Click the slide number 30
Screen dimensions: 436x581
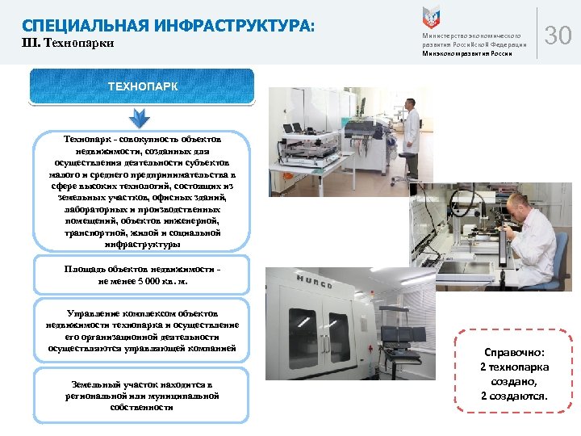click(x=558, y=36)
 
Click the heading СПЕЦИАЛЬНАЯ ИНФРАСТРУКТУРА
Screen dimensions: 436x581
click(x=168, y=26)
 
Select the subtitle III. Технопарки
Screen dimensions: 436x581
click(x=68, y=44)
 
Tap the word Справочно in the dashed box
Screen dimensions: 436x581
click(x=514, y=353)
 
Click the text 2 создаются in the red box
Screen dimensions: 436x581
click(x=514, y=396)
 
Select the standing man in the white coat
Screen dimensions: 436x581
click(x=412, y=137)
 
